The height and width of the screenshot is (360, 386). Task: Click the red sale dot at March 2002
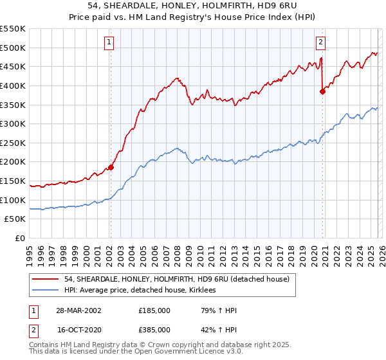click(111, 167)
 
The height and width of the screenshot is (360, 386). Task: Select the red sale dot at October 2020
click(323, 91)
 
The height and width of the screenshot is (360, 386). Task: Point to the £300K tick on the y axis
click(14, 123)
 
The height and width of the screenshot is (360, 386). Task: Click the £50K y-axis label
click(15, 219)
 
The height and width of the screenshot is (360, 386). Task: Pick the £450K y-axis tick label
click(14, 66)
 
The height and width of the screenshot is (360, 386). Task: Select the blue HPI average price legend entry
click(140, 291)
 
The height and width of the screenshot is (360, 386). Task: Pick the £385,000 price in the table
click(154, 330)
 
